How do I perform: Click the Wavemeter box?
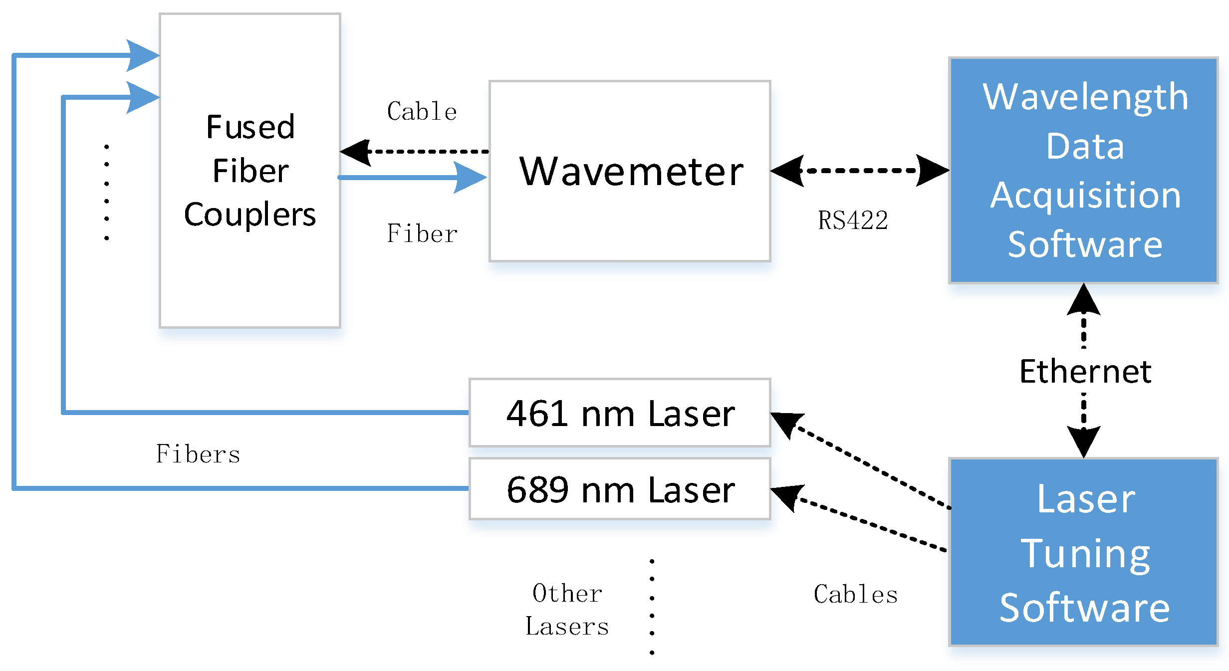[x=630, y=171]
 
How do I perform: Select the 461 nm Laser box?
[x=620, y=413]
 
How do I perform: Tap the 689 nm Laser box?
[x=620, y=489]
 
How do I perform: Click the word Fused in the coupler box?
[x=250, y=127]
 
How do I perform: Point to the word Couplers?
[x=250, y=215]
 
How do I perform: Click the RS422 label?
[x=853, y=221]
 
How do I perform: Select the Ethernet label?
[x=1085, y=372]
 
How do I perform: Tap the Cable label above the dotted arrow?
[x=422, y=111]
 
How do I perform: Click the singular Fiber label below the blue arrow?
[x=422, y=233]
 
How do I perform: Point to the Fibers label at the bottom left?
[x=198, y=454]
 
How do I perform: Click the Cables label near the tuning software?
[x=855, y=594]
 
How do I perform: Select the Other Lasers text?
[x=567, y=610]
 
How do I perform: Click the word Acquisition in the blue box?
[x=1085, y=196]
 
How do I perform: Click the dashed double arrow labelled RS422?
[x=859, y=171]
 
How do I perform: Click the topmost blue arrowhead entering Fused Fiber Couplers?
[x=142, y=55]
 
